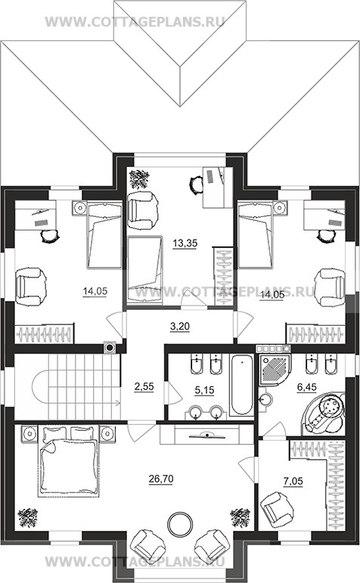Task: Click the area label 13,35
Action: coord(185,243)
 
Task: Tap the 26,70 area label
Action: coord(161,479)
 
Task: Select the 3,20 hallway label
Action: coord(180,327)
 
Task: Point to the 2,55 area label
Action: coord(144,386)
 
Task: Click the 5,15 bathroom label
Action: coord(205,389)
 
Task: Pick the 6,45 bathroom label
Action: coord(306,387)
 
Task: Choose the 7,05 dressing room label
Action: coord(293,481)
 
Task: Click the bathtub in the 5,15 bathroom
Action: coord(241,385)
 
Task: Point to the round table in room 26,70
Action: coord(180,524)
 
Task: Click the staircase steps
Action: coord(84,386)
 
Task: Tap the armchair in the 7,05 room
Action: coord(276,508)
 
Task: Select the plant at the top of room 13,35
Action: coord(139,180)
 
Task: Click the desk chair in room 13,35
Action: coord(197,185)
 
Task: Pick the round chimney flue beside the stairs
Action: coord(110,348)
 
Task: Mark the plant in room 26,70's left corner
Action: coord(27,518)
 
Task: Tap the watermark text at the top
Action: coord(135,22)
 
